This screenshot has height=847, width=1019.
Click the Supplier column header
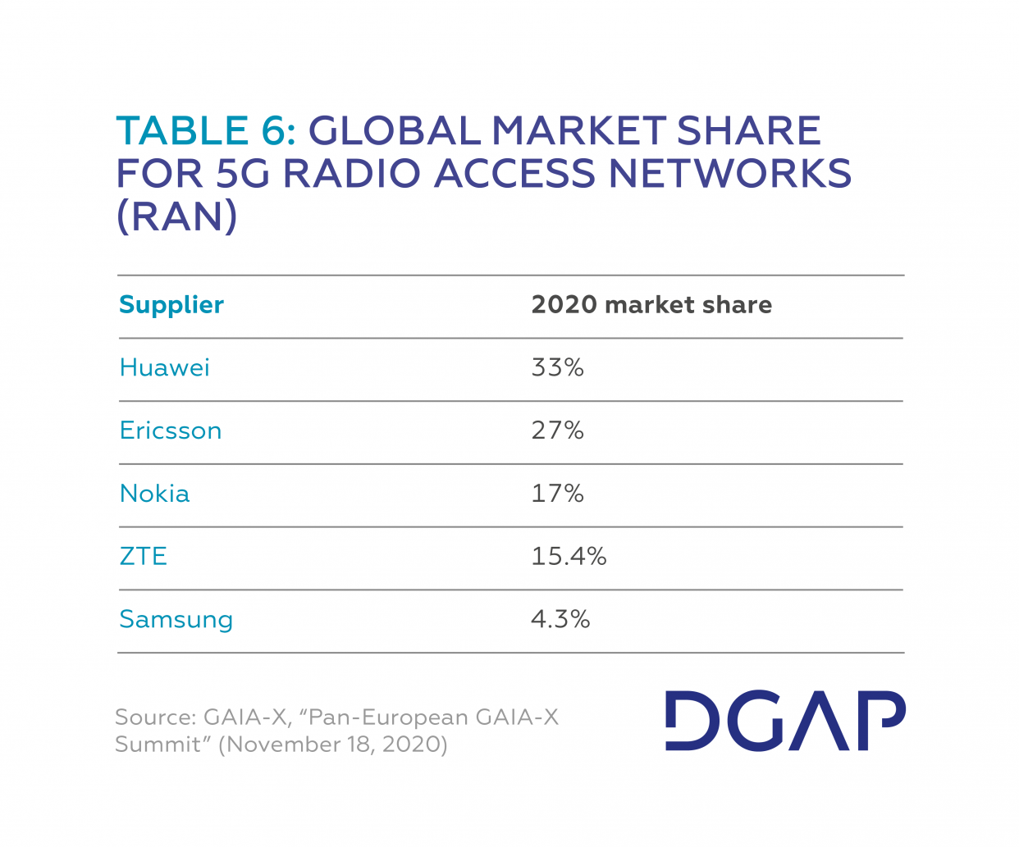pos(171,305)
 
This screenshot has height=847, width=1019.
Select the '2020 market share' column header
pos(651,305)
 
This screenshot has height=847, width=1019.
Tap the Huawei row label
pos(165,367)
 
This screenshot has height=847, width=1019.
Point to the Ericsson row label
pos(171,430)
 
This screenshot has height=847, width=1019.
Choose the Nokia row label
pos(155,494)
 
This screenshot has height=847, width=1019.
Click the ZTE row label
pos(144,557)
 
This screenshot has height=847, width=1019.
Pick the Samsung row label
pos(176,620)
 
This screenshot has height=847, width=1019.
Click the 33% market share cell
pos(558,367)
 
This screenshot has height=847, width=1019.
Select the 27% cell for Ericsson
pos(558,430)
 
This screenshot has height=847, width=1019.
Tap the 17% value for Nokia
pos(558,494)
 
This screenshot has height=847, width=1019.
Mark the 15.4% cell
pos(569,557)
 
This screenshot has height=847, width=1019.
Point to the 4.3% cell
pos(560,620)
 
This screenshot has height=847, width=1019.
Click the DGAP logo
pos(785,721)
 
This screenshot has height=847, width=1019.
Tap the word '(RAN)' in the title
pos(177,216)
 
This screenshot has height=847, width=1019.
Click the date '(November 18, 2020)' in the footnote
pos(333,745)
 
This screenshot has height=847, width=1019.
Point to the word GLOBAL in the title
pos(395,131)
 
